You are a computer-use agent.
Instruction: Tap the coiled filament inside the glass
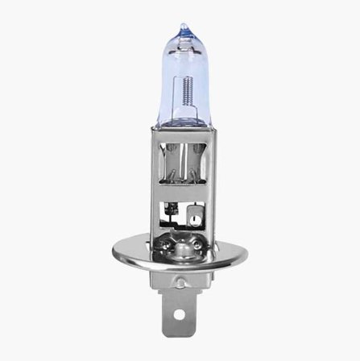(188, 88)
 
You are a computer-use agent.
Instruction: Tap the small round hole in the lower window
(192, 217)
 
